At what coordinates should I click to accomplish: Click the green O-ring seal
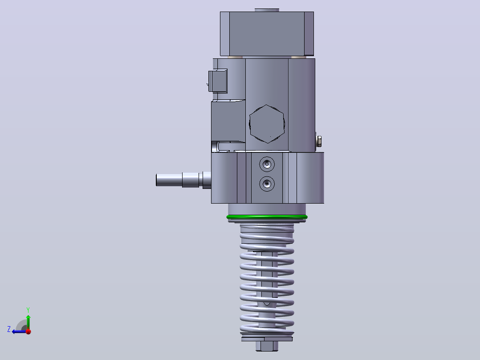267,217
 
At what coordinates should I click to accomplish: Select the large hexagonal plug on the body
267,124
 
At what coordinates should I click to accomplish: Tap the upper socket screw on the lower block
267,164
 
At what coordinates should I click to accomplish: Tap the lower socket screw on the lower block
267,184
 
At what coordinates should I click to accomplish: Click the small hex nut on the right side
318,142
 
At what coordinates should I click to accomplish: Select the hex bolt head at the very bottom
267,346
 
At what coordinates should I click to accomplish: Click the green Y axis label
28,310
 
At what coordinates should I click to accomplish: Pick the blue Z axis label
9,329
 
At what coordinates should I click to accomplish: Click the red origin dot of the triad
28,331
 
